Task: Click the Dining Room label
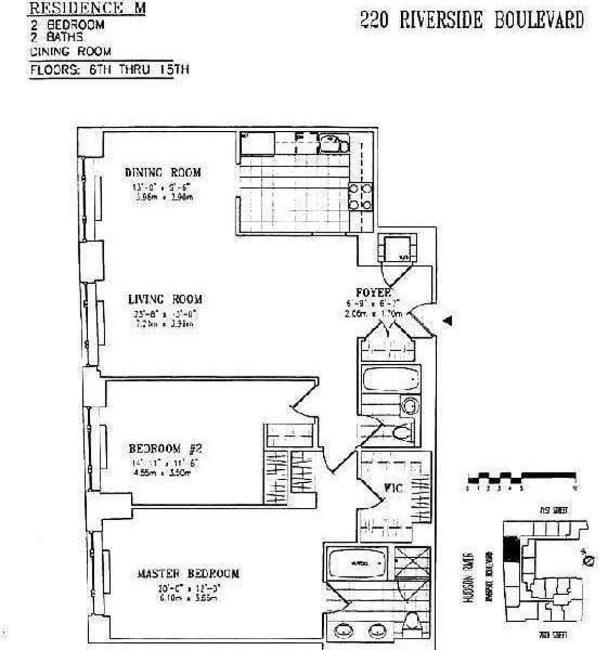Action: point(163,172)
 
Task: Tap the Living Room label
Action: point(165,299)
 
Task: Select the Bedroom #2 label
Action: point(161,448)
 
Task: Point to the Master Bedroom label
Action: point(188,573)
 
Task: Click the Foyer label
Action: point(373,292)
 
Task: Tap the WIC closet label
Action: point(393,489)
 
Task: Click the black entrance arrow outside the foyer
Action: point(447,320)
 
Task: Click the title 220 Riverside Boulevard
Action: point(471,20)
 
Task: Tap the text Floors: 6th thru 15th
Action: point(109,69)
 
